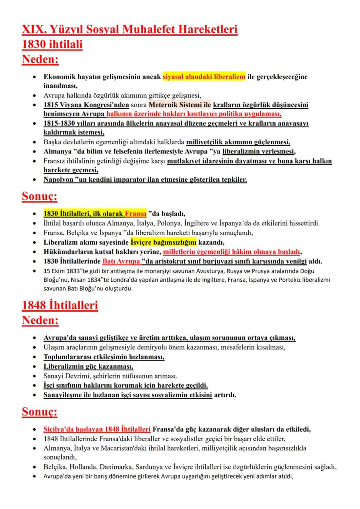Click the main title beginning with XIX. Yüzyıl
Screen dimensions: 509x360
point(130,30)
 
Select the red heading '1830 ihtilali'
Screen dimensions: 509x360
point(52,44)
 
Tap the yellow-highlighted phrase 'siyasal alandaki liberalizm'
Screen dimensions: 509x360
point(204,77)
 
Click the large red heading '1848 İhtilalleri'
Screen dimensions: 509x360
point(60,306)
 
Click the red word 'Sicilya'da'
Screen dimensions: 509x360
point(60,429)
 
